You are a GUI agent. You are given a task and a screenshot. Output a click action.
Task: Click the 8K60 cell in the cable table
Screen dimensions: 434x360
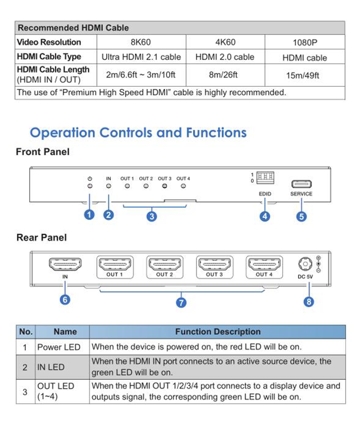[x=141, y=42]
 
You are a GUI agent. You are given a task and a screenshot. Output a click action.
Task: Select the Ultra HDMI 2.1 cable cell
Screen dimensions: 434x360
[x=141, y=57]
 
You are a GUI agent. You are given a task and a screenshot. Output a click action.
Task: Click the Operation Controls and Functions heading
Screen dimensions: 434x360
[x=138, y=133]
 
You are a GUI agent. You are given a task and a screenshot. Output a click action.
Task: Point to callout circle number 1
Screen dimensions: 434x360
[x=89, y=215]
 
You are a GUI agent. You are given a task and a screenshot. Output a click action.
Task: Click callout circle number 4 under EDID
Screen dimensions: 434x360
[x=265, y=216]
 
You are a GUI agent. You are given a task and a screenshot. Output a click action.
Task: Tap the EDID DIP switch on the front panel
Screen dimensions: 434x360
[x=265, y=177]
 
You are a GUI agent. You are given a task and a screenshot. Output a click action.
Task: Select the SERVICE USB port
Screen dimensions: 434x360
[x=301, y=184]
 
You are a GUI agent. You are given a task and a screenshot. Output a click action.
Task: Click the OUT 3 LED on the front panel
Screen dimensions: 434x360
[x=165, y=186]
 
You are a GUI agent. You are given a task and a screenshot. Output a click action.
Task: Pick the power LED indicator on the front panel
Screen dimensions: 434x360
[x=90, y=186]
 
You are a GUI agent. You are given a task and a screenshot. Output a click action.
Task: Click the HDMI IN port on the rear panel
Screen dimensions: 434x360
[x=65, y=264]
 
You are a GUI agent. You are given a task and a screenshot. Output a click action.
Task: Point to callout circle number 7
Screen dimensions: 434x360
[x=181, y=302]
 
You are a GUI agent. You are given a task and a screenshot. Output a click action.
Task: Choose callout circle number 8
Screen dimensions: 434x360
[x=309, y=301]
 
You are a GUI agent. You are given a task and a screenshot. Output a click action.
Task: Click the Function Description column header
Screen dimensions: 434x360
[x=217, y=332]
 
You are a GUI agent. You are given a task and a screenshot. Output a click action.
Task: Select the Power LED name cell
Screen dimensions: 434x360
[x=59, y=347]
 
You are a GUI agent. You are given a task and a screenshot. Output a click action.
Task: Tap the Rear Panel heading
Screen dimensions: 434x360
[x=42, y=238]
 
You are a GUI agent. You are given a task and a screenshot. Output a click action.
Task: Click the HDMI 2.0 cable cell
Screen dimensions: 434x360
[x=225, y=57]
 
